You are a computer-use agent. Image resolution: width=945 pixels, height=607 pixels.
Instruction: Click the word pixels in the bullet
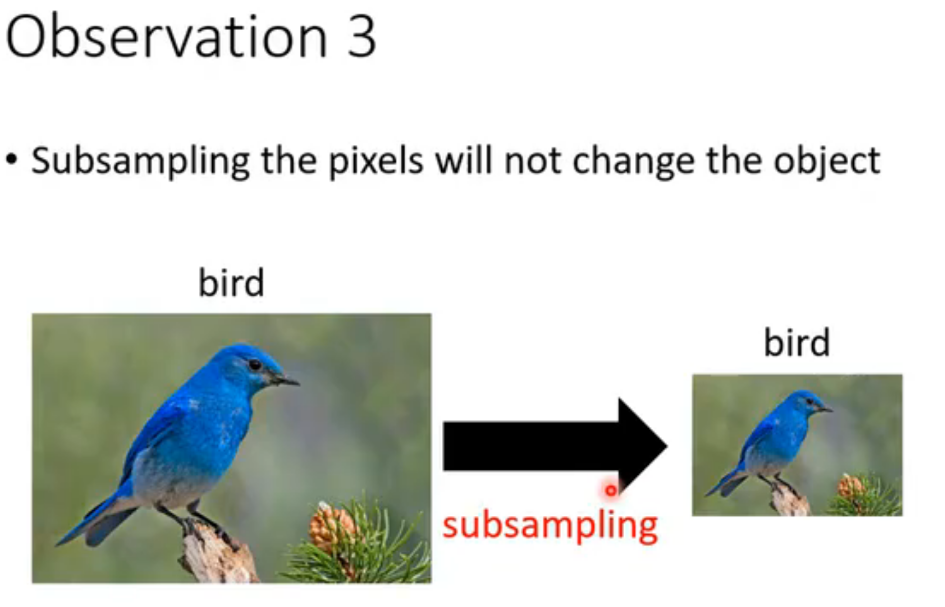click(x=376, y=161)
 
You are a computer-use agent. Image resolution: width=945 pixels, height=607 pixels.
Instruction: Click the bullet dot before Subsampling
click(x=11, y=159)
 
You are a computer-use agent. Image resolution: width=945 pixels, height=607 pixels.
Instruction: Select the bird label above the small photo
click(x=797, y=342)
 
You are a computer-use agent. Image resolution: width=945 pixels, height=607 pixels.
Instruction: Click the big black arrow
click(x=555, y=446)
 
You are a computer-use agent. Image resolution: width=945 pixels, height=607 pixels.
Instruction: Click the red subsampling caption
click(x=550, y=525)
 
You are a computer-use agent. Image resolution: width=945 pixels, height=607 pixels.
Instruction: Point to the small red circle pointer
click(x=610, y=490)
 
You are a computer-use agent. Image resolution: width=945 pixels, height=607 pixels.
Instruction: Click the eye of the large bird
click(x=255, y=365)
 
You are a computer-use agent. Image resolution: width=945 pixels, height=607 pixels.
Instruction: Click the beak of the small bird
click(x=825, y=409)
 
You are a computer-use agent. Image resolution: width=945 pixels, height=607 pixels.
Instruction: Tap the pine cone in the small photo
click(x=851, y=487)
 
